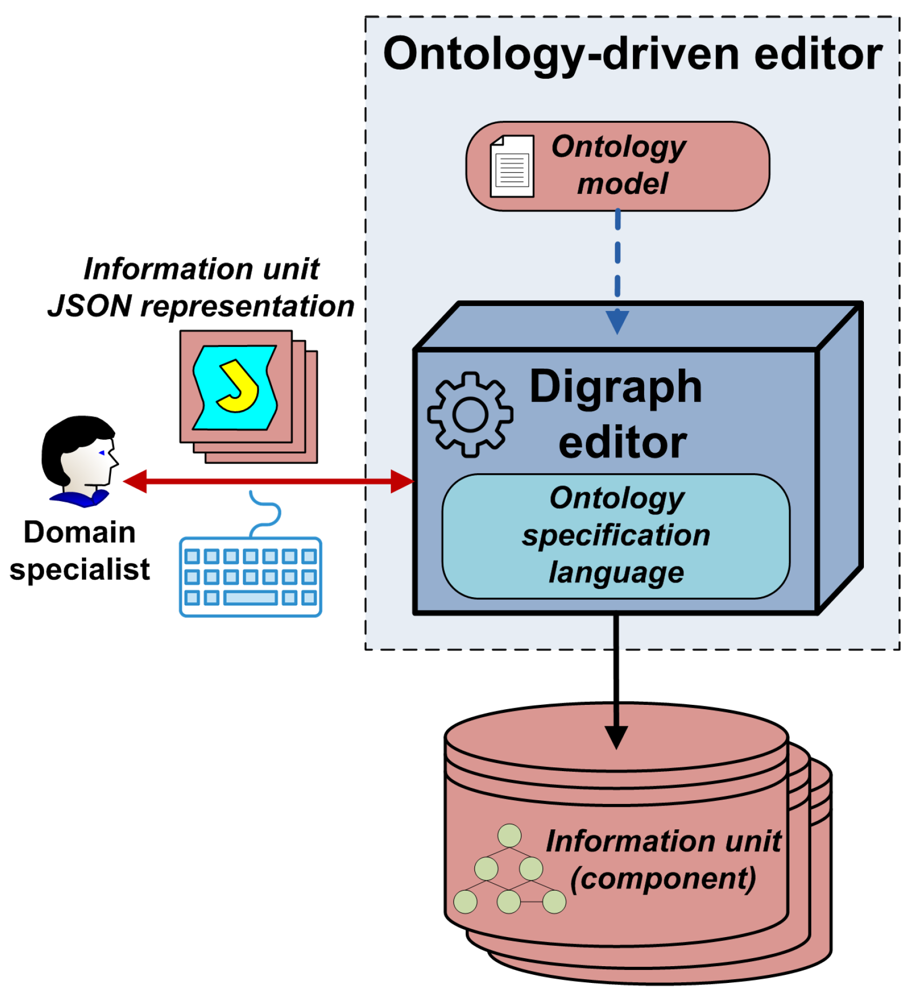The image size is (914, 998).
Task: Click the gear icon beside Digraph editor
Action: (470, 414)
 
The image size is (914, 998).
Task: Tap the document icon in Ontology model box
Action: (512, 167)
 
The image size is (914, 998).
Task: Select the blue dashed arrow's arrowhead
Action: (617, 322)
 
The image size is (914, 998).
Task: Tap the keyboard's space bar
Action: (250, 597)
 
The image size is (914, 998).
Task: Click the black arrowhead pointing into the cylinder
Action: (616, 736)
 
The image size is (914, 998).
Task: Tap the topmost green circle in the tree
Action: (509, 835)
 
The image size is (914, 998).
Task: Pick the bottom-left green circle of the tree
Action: (465, 902)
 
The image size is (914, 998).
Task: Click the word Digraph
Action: (616, 386)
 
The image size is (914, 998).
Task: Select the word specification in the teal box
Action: (616, 536)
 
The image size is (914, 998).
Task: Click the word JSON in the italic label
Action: (90, 306)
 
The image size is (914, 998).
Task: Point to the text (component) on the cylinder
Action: (663, 879)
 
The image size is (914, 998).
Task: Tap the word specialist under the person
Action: (80, 570)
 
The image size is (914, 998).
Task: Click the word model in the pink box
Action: (622, 184)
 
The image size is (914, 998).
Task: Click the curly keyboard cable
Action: (266, 512)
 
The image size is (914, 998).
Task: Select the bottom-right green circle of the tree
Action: (554, 902)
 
